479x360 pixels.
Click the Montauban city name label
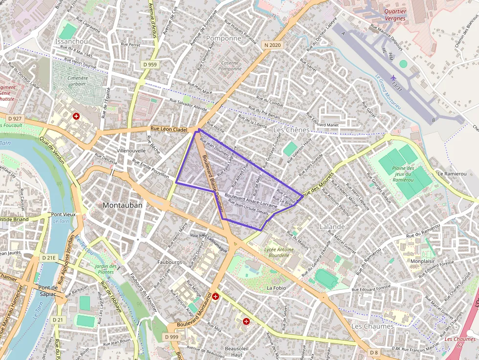(x=123, y=206)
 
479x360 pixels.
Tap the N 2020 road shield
(x=272, y=45)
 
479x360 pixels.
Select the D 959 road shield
(x=151, y=64)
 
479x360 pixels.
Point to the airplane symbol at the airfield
(x=393, y=78)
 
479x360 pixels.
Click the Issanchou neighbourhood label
(x=72, y=42)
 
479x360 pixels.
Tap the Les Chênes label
(x=291, y=130)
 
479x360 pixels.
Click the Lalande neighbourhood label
(x=332, y=227)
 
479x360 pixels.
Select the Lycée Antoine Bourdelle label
(x=279, y=253)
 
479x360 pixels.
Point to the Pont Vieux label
(x=64, y=214)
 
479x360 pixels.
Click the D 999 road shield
(x=172, y=337)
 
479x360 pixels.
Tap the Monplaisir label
(x=423, y=261)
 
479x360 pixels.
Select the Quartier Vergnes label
(x=395, y=15)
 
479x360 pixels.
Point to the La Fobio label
(x=276, y=288)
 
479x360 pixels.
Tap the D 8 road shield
(x=374, y=352)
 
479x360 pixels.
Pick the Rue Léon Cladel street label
(x=169, y=129)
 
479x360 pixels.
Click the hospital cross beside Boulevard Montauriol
(x=215, y=296)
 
